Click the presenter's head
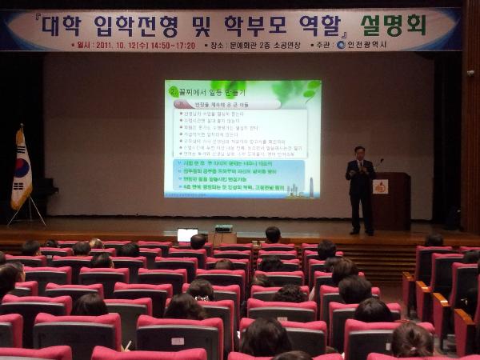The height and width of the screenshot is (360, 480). point(359,152)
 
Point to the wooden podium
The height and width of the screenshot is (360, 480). point(390,201)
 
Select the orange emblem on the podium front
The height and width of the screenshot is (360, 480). point(381,186)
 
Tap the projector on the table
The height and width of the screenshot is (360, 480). point(223,228)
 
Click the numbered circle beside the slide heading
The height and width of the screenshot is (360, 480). point(173,92)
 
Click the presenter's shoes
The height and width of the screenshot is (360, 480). point(359,233)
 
